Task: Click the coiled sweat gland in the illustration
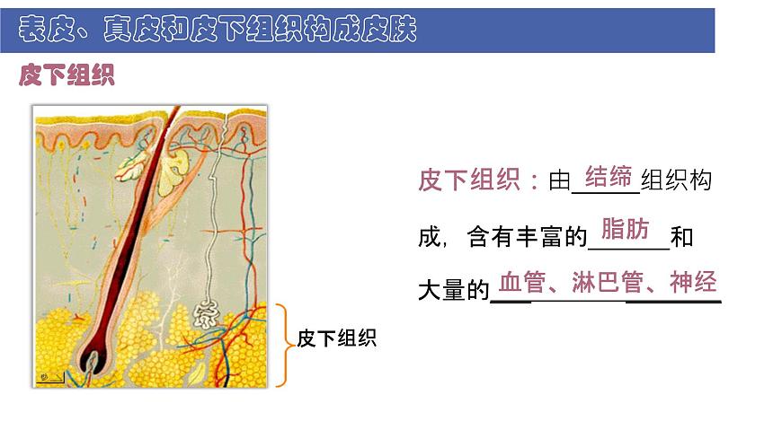206,313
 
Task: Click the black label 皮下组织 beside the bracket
336,338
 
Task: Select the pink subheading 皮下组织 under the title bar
67,75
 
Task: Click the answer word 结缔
609,176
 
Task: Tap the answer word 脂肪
624,229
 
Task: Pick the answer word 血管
521,283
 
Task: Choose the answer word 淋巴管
607,283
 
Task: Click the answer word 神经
693,283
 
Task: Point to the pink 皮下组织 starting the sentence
469,180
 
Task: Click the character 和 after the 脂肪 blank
681,238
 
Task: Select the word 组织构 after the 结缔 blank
677,180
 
